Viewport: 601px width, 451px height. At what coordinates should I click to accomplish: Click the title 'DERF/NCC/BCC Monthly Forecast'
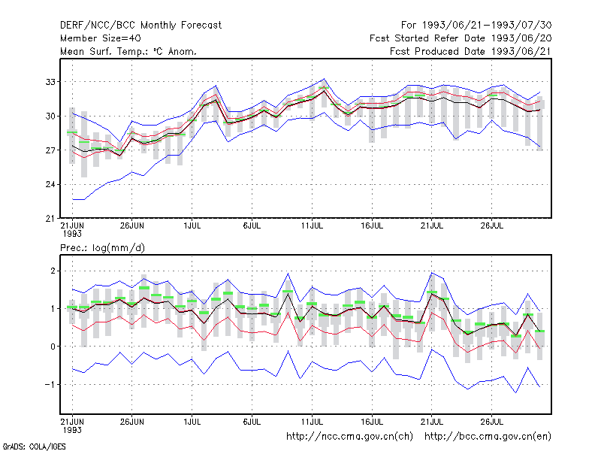[x=140, y=26]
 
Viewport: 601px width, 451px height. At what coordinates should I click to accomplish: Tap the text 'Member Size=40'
[x=101, y=38]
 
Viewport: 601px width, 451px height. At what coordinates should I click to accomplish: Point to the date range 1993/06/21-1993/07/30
[x=487, y=26]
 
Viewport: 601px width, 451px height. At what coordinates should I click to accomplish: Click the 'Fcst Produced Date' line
[x=471, y=51]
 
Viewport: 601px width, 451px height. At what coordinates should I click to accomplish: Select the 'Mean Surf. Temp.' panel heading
[x=128, y=51]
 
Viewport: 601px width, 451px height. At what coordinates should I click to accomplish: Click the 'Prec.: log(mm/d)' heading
[x=102, y=248]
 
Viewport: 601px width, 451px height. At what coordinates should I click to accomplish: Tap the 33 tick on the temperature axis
[x=50, y=82]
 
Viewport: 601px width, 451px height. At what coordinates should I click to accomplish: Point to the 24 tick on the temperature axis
[x=50, y=184]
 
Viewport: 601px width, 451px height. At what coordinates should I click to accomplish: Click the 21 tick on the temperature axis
[x=50, y=219]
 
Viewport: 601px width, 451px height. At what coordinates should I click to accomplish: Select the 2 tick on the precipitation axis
[x=53, y=271]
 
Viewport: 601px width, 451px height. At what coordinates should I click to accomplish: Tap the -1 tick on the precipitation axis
[x=50, y=384]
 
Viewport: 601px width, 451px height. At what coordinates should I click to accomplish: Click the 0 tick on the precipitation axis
[x=53, y=347]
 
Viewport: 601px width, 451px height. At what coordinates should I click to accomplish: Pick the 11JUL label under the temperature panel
[x=312, y=226]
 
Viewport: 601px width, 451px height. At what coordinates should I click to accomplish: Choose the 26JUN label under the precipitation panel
[x=132, y=422]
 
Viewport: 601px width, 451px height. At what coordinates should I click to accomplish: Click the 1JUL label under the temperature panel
[x=192, y=226]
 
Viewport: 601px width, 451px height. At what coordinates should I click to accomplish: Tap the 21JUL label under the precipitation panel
[x=432, y=422]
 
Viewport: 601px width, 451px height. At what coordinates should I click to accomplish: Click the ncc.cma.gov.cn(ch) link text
[x=349, y=437]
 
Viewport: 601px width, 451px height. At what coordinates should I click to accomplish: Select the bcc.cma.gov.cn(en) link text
[x=488, y=437]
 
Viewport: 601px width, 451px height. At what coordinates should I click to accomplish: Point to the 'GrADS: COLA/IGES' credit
[x=35, y=446]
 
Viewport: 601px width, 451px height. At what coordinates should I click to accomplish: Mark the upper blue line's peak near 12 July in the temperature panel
[x=325, y=79]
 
